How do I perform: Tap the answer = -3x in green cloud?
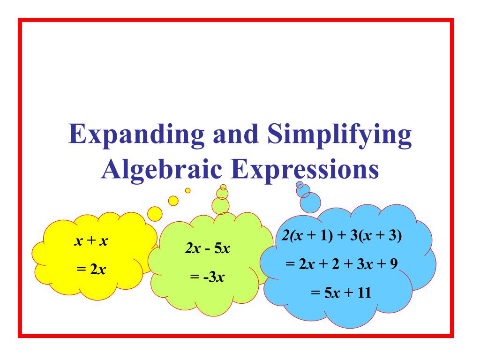[x=207, y=277]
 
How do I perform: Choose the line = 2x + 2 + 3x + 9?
[x=342, y=264]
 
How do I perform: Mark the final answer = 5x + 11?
[x=341, y=293]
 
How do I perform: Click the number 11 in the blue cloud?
[x=363, y=293]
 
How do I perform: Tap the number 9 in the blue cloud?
[x=394, y=264]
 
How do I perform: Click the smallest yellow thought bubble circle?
[x=188, y=190]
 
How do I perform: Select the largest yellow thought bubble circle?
[x=155, y=214]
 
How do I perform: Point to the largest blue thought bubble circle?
[x=310, y=202]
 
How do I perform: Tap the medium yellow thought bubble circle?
[x=173, y=200]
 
